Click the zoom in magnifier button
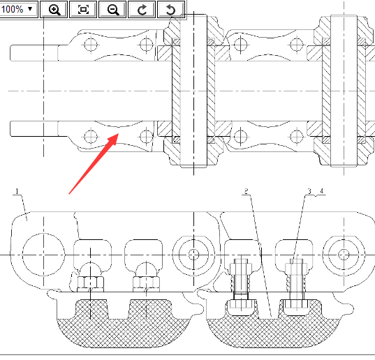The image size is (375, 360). point(54,9)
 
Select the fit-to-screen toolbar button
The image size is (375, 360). point(83,9)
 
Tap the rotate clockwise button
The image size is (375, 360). point(142,9)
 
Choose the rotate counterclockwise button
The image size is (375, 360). point(171,9)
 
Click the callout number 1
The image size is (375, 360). point(17,191)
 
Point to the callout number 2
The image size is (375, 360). point(247,191)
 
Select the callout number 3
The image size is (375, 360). point(309,191)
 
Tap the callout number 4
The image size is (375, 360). point(321,191)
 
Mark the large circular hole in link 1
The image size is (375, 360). point(43,255)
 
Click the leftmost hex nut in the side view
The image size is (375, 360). point(91,284)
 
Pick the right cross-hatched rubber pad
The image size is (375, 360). point(272,333)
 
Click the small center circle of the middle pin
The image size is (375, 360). point(193,255)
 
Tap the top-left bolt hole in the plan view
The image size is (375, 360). point(91,45)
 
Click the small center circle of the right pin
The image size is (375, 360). point(344,255)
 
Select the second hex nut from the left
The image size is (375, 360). point(146,284)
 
